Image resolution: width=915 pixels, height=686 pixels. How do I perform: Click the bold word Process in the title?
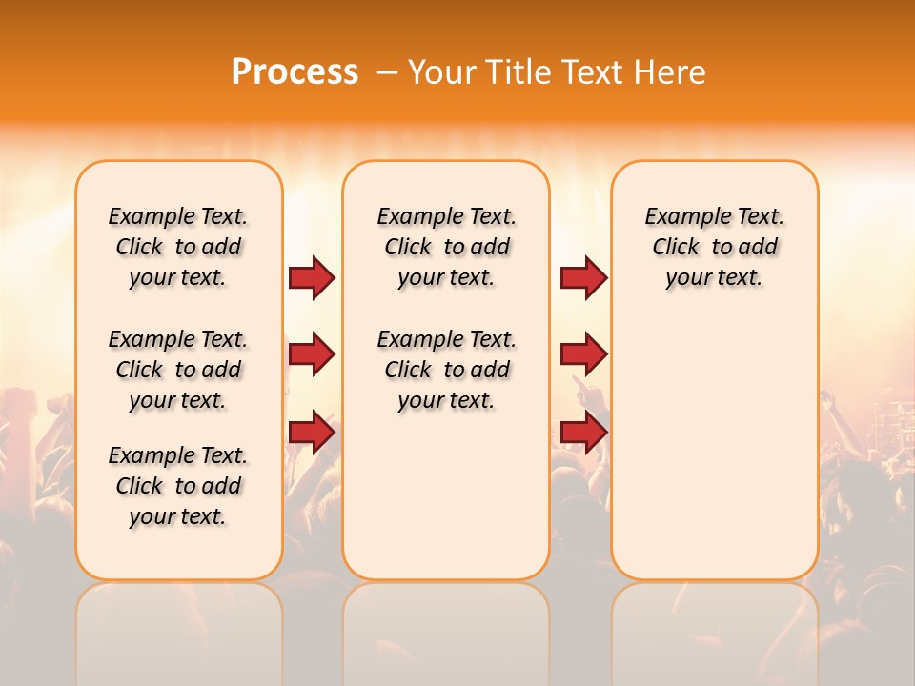point(295,72)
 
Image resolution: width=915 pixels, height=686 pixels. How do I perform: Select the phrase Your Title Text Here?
point(557,72)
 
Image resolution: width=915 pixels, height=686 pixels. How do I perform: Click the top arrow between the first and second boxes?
point(312,278)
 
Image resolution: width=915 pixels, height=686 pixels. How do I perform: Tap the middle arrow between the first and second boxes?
point(312,355)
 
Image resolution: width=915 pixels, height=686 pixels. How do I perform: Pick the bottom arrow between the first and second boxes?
point(312,433)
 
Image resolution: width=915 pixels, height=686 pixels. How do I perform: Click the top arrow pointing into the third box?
point(583,278)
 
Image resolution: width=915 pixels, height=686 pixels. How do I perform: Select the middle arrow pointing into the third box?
point(583,355)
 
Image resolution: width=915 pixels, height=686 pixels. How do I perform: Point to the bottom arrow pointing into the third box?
point(583,433)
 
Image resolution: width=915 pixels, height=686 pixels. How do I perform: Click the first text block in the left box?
point(178,247)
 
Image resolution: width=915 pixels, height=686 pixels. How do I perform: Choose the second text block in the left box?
point(178,370)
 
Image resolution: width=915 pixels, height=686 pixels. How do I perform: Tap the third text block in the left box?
point(178,486)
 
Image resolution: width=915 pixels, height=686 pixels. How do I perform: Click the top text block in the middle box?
point(446,247)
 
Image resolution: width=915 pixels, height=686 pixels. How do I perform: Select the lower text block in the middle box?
point(446,370)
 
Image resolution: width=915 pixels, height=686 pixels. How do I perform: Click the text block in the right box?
point(714,247)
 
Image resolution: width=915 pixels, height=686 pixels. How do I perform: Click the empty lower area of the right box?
point(714,448)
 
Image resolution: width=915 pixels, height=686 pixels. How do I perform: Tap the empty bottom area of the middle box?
point(446,505)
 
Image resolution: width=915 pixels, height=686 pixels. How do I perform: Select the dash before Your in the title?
point(387,72)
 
